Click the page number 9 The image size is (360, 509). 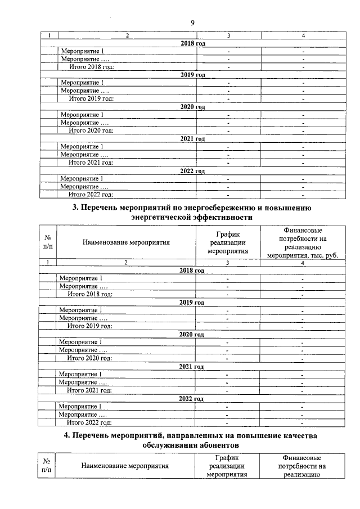pyautogui.click(x=192, y=22)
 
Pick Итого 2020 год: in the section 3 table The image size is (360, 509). pyautogui.click(x=89, y=358)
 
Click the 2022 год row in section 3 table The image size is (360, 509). pyautogui.click(x=192, y=398)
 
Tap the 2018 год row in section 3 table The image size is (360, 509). pyautogui.click(x=192, y=271)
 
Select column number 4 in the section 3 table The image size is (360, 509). pyautogui.click(x=302, y=263)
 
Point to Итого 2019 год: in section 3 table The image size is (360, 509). pyautogui.click(x=89, y=326)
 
